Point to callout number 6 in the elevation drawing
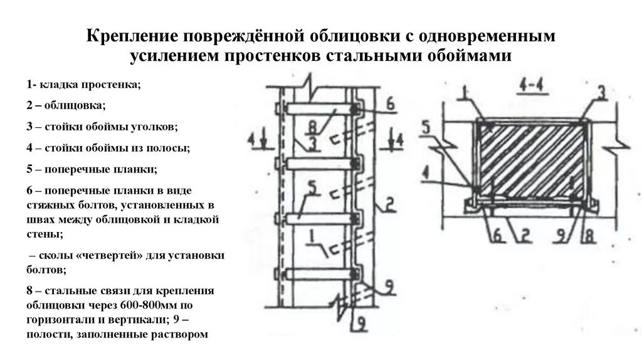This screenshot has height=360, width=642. pos(390,105)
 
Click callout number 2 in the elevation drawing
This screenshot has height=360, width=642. pos(389,203)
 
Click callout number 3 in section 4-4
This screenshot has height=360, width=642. pos(600,93)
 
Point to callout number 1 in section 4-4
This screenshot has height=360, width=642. pos(463,93)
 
